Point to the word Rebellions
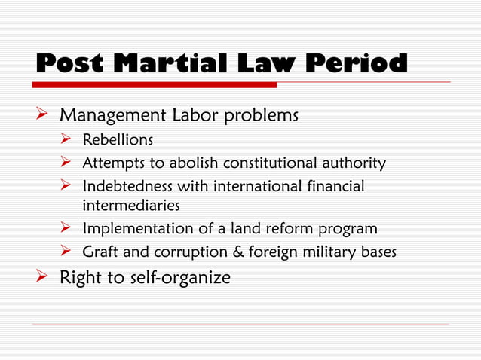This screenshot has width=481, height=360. pos(113,139)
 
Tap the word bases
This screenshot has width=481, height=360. pos(377,252)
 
